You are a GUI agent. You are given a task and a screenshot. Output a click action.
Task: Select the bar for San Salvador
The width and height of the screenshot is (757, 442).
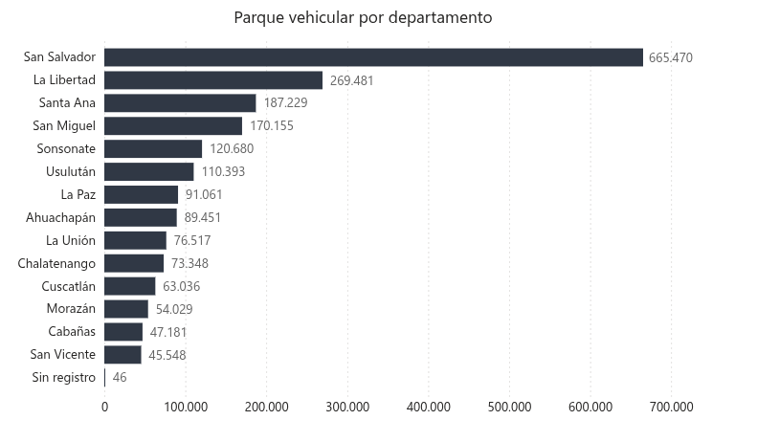(x=373, y=57)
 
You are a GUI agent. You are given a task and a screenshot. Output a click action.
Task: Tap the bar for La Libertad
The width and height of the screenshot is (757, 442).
(x=213, y=80)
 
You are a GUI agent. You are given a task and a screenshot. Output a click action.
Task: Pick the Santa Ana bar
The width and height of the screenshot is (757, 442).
(x=180, y=103)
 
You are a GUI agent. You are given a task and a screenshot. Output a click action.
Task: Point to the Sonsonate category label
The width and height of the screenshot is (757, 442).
(x=66, y=149)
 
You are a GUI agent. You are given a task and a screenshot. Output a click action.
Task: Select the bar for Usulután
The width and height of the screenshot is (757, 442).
(x=149, y=172)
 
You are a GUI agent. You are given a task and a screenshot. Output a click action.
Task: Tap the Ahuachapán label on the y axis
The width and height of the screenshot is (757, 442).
(x=61, y=218)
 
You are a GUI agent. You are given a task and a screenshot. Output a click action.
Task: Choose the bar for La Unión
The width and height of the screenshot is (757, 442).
(x=135, y=240)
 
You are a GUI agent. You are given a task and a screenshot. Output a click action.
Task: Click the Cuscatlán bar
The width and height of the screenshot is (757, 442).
(x=130, y=286)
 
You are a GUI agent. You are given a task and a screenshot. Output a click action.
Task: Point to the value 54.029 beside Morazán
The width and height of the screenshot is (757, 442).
(x=175, y=309)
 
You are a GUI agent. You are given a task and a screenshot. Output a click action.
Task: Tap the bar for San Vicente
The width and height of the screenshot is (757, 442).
(x=122, y=355)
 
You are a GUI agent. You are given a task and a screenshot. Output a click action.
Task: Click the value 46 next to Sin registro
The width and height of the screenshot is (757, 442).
(x=120, y=378)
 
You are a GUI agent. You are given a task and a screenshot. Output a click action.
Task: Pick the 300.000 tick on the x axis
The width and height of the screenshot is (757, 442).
(x=347, y=407)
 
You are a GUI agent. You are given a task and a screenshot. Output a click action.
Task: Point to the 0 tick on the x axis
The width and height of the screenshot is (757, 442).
(x=104, y=407)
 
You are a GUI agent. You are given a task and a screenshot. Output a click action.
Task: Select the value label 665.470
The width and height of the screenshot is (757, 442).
(x=670, y=57)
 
